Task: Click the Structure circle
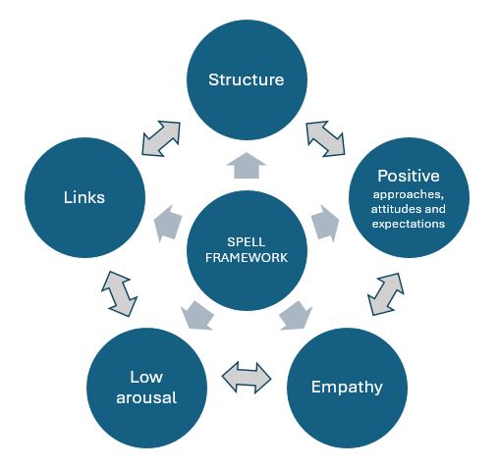pyautogui.click(x=246, y=79)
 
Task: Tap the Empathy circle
pyautogui.click(x=346, y=386)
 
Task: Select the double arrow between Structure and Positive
pyautogui.click(x=326, y=137)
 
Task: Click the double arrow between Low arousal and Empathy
pyautogui.click(x=246, y=375)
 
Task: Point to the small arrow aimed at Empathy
pyautogui.click(x=294, y=314)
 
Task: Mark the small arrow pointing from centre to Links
pyautogui.click(x=169, y=223)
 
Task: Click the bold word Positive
pyautogui.click(x=408, y=176)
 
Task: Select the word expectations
pyautogui.click(x=409, y=225)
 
